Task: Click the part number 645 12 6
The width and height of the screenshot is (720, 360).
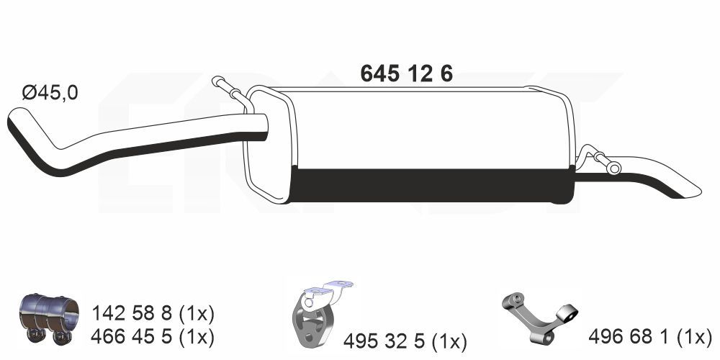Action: coord(406,73)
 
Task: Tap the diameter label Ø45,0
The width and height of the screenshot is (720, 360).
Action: coord(50,93)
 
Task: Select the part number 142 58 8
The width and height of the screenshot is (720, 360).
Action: coord(132,314)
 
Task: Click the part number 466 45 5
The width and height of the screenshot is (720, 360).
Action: coord(132,338)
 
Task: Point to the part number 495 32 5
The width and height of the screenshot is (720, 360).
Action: coord(384,341)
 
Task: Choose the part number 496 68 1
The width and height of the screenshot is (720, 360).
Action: coord(630,338)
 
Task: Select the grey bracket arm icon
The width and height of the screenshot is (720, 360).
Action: coord(539,317)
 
